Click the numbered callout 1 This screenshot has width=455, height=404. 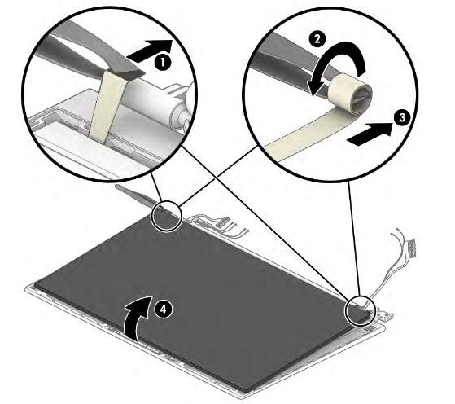pyautogui.click(x=163, y=62)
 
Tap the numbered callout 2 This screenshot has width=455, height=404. pyautogui.click(x=317, y=38)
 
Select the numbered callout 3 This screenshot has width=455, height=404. pyautogui.click(x=402, y=118)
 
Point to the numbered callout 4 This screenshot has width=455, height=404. pyautogui.click(x=164, y=309)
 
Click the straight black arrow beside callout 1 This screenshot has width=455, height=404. pyautogui.click(x=150, y=50)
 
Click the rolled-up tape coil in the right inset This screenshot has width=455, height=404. pyautogui.click(x=350, y=94)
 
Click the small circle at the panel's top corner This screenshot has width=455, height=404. pyautogui.click(x=167, y=216)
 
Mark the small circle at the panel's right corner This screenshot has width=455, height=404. pyautogui.click(x=360, y=311)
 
